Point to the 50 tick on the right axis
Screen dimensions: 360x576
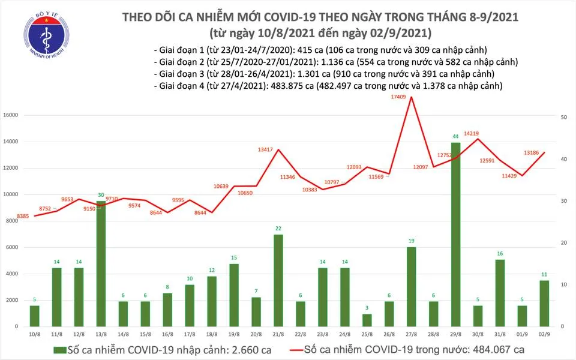[x=565, y=118]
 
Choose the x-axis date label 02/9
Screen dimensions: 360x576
[x=545, y=334]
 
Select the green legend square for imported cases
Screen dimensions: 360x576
[x=58, y=349]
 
